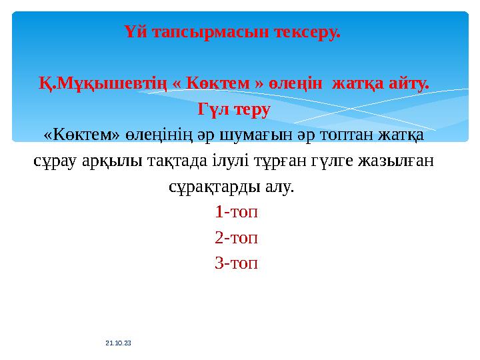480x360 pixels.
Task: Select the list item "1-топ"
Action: point(236,213)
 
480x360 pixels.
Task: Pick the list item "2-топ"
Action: point(236,238)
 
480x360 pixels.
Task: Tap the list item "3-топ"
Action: point(236,263)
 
